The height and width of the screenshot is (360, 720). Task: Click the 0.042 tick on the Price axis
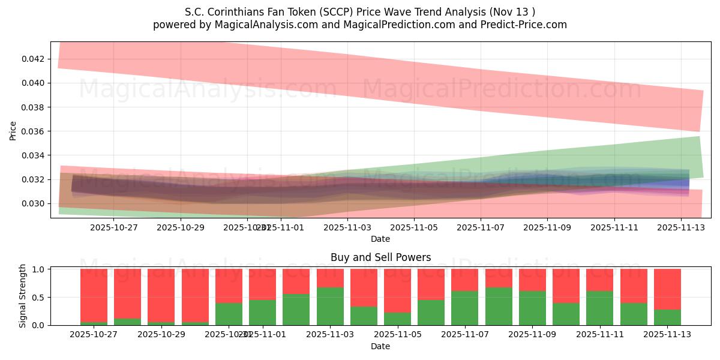34,59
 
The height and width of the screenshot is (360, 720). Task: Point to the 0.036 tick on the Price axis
34,131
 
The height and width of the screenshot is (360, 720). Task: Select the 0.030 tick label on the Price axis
34,203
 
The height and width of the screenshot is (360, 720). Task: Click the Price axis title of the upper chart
13,130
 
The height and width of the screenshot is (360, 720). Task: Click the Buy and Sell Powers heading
380,257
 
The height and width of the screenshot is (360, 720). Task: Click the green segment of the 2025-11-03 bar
330,306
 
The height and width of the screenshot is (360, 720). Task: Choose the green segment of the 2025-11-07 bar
464,308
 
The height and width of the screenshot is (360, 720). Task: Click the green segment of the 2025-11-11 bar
599,308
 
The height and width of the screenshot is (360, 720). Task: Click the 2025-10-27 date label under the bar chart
94,334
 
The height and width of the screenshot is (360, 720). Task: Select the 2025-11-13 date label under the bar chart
667,334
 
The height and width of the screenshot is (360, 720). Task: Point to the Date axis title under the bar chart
380,346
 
